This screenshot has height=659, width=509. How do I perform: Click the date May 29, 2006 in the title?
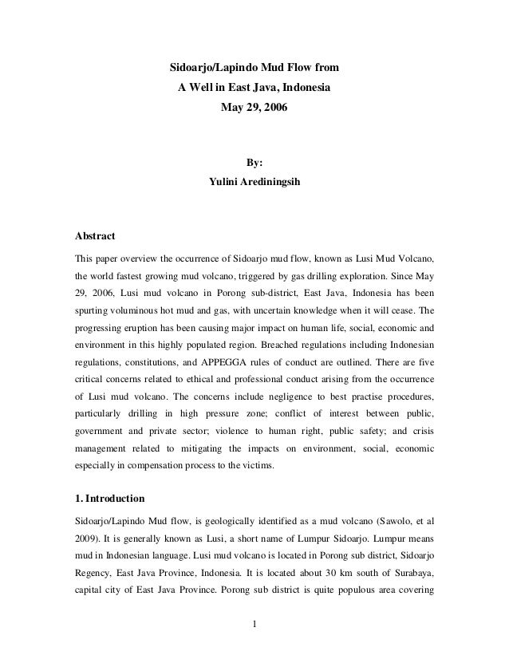click(x=254, y=105)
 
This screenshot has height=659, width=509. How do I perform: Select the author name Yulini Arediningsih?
click(x=254, y=181)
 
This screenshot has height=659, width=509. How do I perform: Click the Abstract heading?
click(x=95, y=237)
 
